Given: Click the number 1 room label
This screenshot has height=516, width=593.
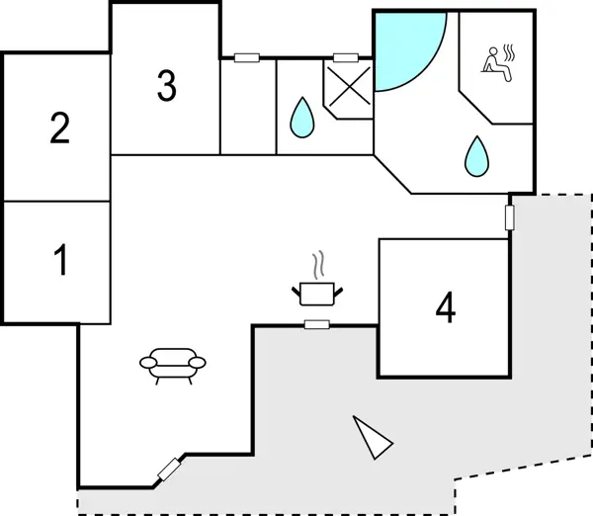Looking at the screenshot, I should coord(61,261).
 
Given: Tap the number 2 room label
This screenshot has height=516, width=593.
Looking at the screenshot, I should coord(60,129).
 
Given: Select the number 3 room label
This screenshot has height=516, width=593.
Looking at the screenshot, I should coord(166,87).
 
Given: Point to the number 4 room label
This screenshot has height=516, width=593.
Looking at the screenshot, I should coord(446,309).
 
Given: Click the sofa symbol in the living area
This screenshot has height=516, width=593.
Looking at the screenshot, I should coord(174,363).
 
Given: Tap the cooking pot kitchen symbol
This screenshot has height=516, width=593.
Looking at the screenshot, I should coord(317,292).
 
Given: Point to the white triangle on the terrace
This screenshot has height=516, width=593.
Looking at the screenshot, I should coord(374,437).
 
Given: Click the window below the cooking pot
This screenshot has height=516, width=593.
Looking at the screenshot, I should coord(317,324).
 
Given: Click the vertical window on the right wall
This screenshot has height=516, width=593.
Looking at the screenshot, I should coord(510,217).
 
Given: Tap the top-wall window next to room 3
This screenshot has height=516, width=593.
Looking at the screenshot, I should coord(246,58).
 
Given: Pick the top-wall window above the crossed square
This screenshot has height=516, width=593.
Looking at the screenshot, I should coord(346,58).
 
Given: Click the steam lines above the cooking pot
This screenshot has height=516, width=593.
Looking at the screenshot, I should coord(317,265).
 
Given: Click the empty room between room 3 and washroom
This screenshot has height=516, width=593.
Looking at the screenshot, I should coord(247,107).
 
